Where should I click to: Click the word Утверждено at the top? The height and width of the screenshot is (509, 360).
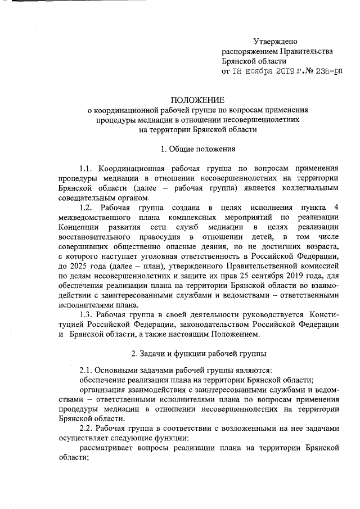pyautogui.click(x=275, y=42)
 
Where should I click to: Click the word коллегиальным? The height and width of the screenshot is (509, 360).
pyautogui.click(x=312, y=188)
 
